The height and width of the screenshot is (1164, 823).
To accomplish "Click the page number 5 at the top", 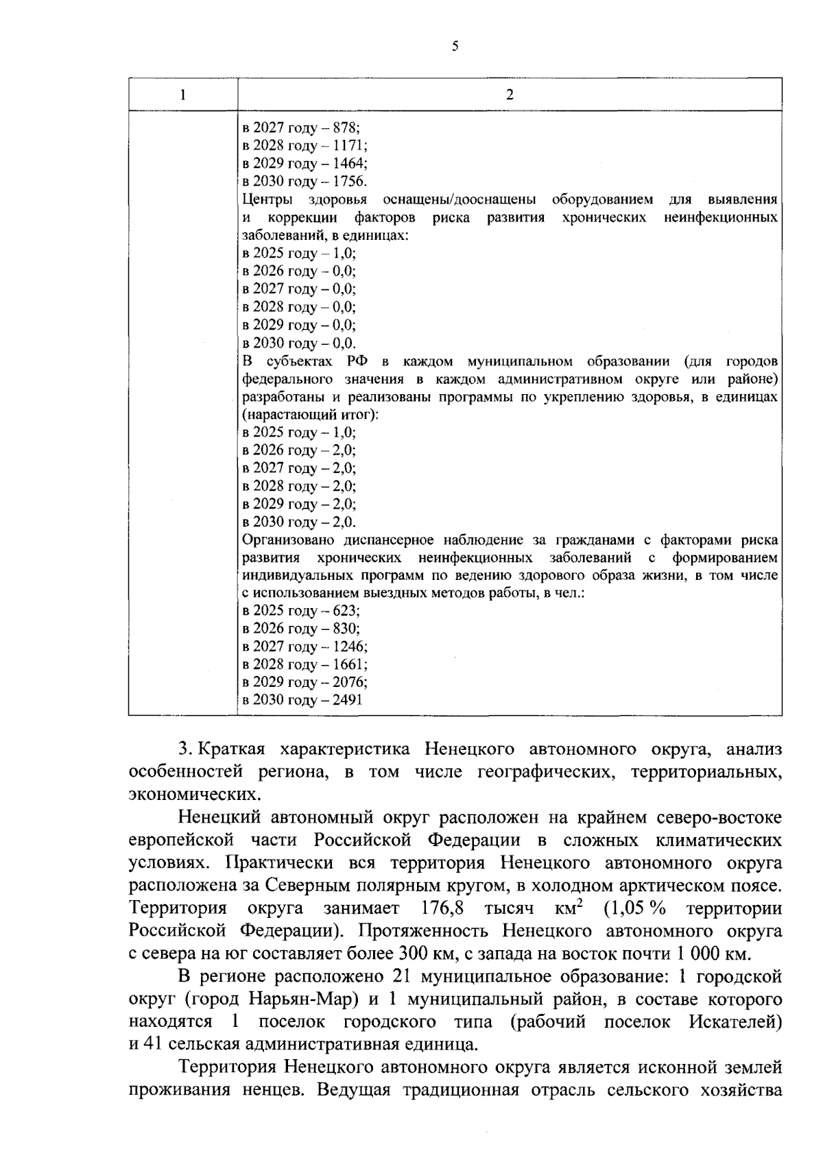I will point(455,47).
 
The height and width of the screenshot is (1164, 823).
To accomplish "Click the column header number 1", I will point(183,95).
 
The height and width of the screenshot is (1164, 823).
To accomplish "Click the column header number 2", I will point(509,95).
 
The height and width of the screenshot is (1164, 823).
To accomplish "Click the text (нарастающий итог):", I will point(311,415).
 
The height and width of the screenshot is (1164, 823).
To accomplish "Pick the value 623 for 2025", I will point(346,611).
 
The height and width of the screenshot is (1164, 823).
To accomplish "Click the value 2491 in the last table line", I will point(348,700).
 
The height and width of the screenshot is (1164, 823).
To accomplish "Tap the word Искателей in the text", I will point(735,1021).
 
